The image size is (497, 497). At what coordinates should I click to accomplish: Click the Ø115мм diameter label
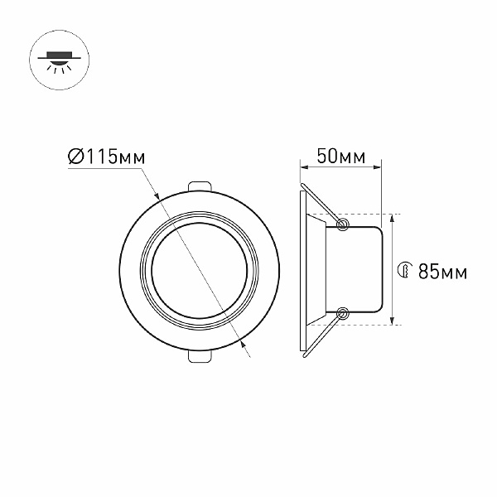click(x=107, y=156)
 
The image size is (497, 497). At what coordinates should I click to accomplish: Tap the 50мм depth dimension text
click(x=341, y=156)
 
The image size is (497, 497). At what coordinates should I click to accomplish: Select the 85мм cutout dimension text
click(x=443, y=272)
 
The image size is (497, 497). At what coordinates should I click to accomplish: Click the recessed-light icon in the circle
click(x=60, y=60)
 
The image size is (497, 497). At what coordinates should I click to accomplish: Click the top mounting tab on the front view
click(x=200, y=186)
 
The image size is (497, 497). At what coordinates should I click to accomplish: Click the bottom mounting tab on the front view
click(x=200, y=356)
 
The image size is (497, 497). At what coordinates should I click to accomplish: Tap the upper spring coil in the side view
click(x=342, y=224)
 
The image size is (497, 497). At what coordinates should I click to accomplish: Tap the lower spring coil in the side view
click(x=342, y=313)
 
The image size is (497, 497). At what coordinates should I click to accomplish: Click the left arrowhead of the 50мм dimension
click(x=303, y=167)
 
